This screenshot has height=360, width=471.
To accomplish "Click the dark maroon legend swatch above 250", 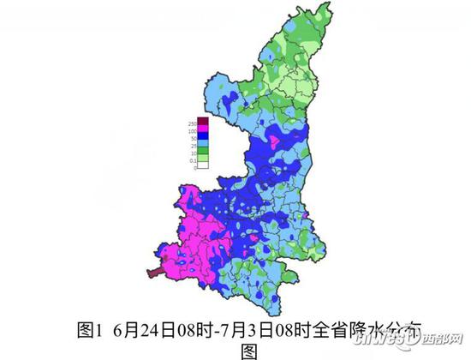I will coord(203,120).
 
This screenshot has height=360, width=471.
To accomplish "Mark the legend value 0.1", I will coord(194,160).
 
